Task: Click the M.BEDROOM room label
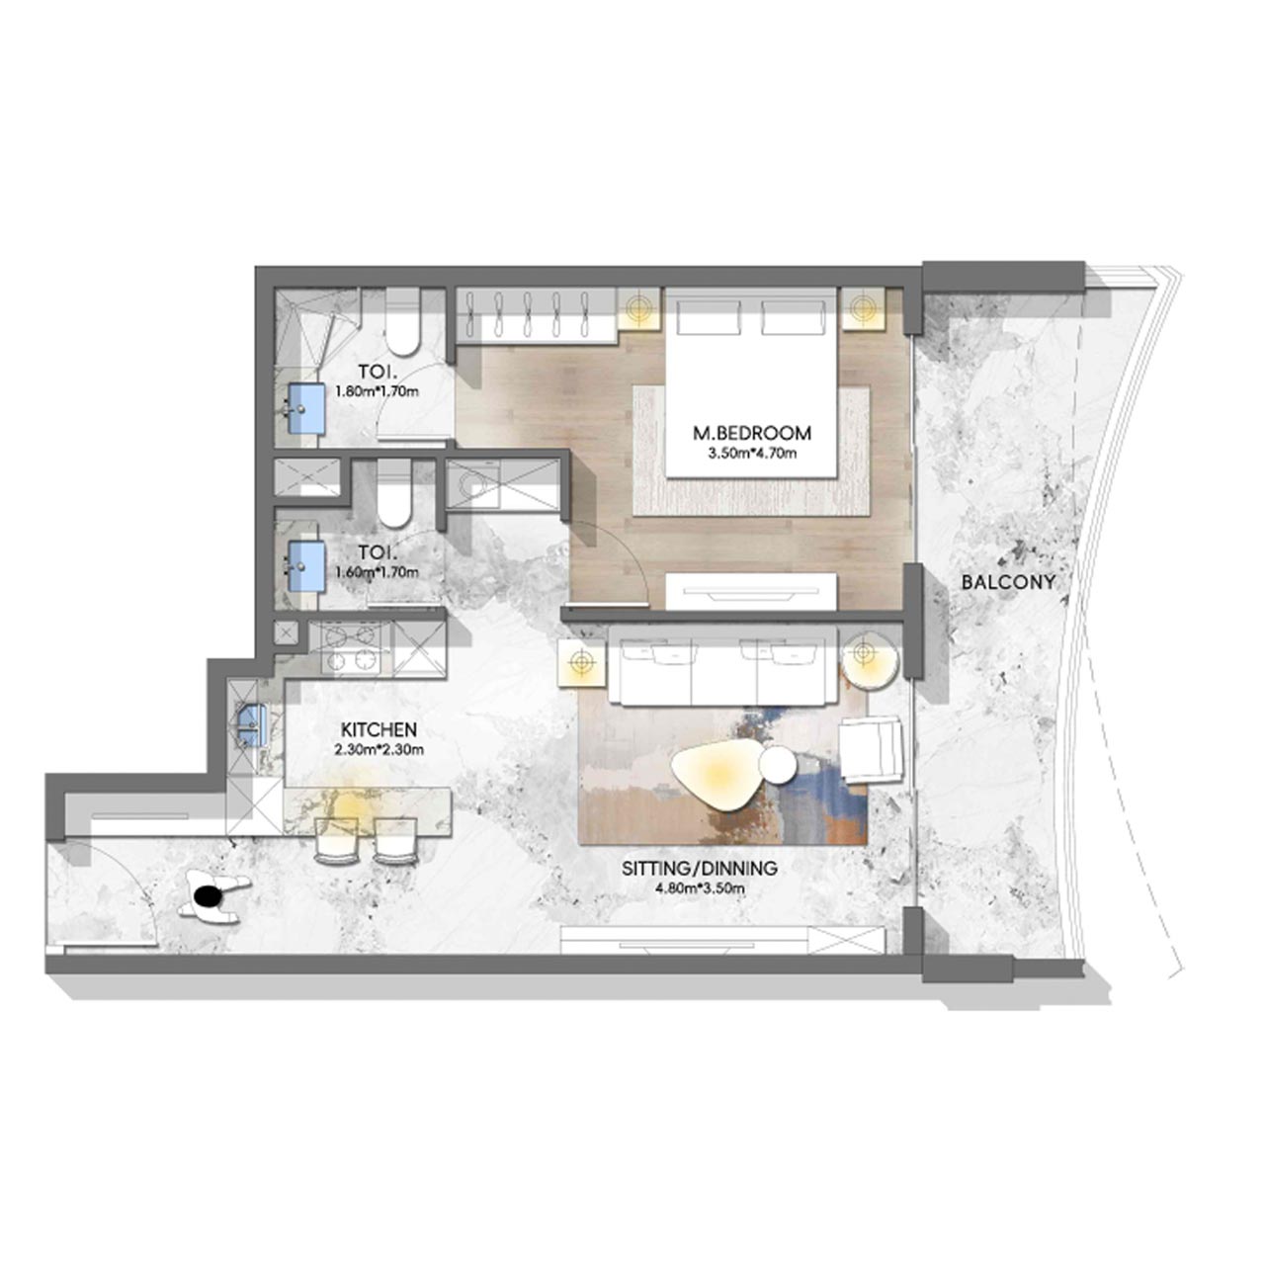tap(751, 433)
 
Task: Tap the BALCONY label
tap(1007, 582)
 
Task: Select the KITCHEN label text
tap(379, 729)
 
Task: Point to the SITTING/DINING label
tap(700, 869)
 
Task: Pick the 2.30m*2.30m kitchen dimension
tap(379, 749)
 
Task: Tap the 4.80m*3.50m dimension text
tap(700, 888)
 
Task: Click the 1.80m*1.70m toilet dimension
tap(377, 391)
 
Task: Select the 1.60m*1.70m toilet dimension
tap(377, 571)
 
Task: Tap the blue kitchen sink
tap(253, 725)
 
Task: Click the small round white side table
tap(778, 766)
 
